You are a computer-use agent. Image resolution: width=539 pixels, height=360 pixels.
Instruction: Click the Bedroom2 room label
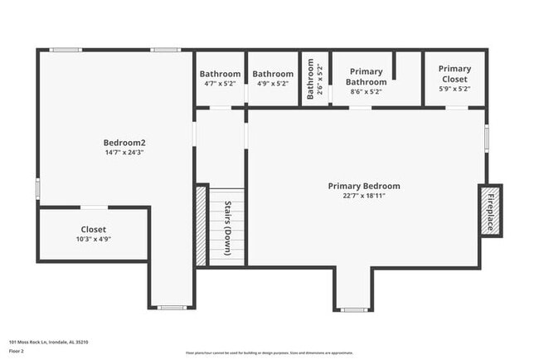click(x=124, y=142)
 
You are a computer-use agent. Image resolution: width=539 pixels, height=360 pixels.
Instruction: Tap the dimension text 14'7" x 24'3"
click(x=124, y=153)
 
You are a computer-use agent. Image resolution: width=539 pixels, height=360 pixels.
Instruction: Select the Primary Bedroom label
click(x=363, y=186)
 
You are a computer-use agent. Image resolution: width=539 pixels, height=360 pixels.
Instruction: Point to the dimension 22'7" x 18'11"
click(x=363, y=197)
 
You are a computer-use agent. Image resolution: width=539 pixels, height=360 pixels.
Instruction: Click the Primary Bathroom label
click(x=366, y=77)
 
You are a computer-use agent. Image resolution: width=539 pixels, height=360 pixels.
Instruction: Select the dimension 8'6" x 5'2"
click(x=366, y=93)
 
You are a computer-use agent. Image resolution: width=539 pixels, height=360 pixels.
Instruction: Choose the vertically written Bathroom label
click(x=310, y=79)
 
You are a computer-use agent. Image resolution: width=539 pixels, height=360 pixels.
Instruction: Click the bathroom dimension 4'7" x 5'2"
click(x=220, y=84)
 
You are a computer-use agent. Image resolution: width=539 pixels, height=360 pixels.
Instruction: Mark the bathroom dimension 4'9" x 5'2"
click(x=273, y=84)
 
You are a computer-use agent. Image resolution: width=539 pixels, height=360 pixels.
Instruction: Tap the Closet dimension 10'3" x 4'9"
click(x=93, y=239)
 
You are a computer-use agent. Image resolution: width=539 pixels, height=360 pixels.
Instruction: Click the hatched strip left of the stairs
click(x=200, y=225)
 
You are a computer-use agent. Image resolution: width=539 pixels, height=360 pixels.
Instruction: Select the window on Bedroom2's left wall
click(x=37, y=188)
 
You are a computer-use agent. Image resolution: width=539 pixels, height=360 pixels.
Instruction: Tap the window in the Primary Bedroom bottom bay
click(x=354, y=309)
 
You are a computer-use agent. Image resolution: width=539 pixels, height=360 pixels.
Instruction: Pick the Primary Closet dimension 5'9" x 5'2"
click(x=454, y=89)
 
